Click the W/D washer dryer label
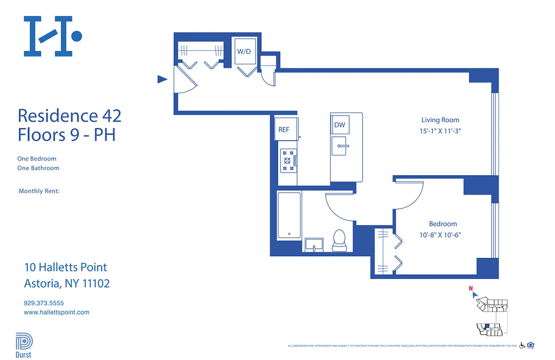coord(244,52)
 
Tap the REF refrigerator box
coord(284,130)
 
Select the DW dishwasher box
coord(339,125)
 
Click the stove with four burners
coord(289,161)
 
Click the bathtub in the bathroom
coord(289,215)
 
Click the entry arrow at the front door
coord(162,80)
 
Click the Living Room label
coord(440,120)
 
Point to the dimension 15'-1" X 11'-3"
coord(440,131)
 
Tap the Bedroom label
coord(442,224)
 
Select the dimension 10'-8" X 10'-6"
coord(442,234)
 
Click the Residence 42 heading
coord(69,116)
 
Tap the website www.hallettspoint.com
coord(56,312)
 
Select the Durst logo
coord(24,345)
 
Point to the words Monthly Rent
coord(39,191)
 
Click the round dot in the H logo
coord(77,36)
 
